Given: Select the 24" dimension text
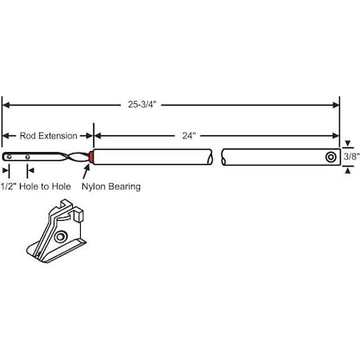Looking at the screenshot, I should (x=189, y=136).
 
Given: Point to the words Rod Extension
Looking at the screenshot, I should (x=48, y=136).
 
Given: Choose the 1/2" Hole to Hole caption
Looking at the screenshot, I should (x=47, y=186).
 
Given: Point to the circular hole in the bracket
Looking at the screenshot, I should (x=62, y=238).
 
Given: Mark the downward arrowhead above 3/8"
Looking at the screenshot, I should (x=346, y=145).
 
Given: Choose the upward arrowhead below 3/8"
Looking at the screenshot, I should (x=346, y=171).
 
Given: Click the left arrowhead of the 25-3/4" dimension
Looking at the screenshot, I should (x=6, y=105).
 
